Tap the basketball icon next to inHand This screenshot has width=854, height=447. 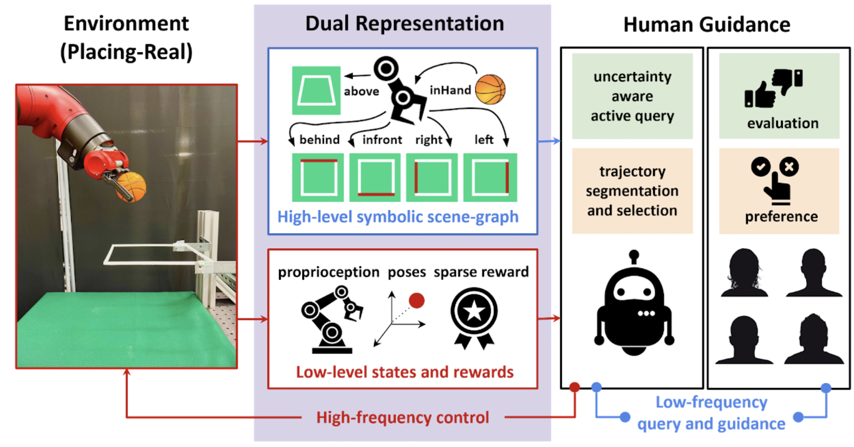click(490, 89)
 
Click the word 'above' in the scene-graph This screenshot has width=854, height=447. click(361, 91)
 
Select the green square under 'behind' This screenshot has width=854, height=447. click(318, 178)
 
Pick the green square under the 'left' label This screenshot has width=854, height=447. click(491, 178)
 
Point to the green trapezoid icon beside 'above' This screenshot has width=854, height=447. click(316, 90)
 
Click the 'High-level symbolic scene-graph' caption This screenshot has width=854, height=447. click(398, 217)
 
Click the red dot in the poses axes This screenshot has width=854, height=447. click(417, 301)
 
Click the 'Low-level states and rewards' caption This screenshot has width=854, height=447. click(405, 372)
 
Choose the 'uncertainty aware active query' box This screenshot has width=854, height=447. click(632, 97)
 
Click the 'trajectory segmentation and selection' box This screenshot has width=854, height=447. click(632, 191)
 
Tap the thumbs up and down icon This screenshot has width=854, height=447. click(773, 88)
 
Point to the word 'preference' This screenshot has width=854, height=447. click(781, 217)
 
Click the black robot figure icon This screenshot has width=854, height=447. click(633, 305)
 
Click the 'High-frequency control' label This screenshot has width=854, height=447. click(403, 418)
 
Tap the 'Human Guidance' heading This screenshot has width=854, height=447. click(707, 24)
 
